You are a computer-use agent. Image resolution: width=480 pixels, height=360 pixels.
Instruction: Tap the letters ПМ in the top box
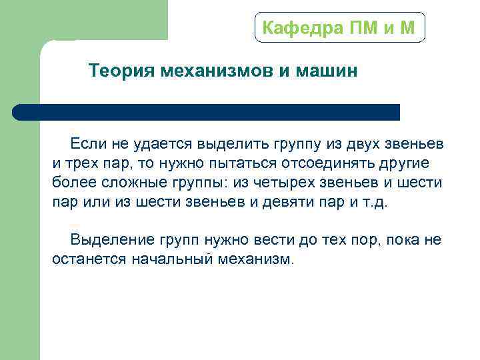[364, 28]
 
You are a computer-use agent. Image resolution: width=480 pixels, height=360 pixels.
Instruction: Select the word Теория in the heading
[122, 71]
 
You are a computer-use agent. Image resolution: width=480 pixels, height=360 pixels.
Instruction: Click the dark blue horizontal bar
[206, 112]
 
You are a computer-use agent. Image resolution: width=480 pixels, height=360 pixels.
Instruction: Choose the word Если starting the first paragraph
[86, 144]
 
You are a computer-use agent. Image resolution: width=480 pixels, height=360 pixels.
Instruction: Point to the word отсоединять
[324, 163]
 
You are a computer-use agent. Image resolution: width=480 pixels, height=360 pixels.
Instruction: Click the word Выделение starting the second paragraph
[111, 240]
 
